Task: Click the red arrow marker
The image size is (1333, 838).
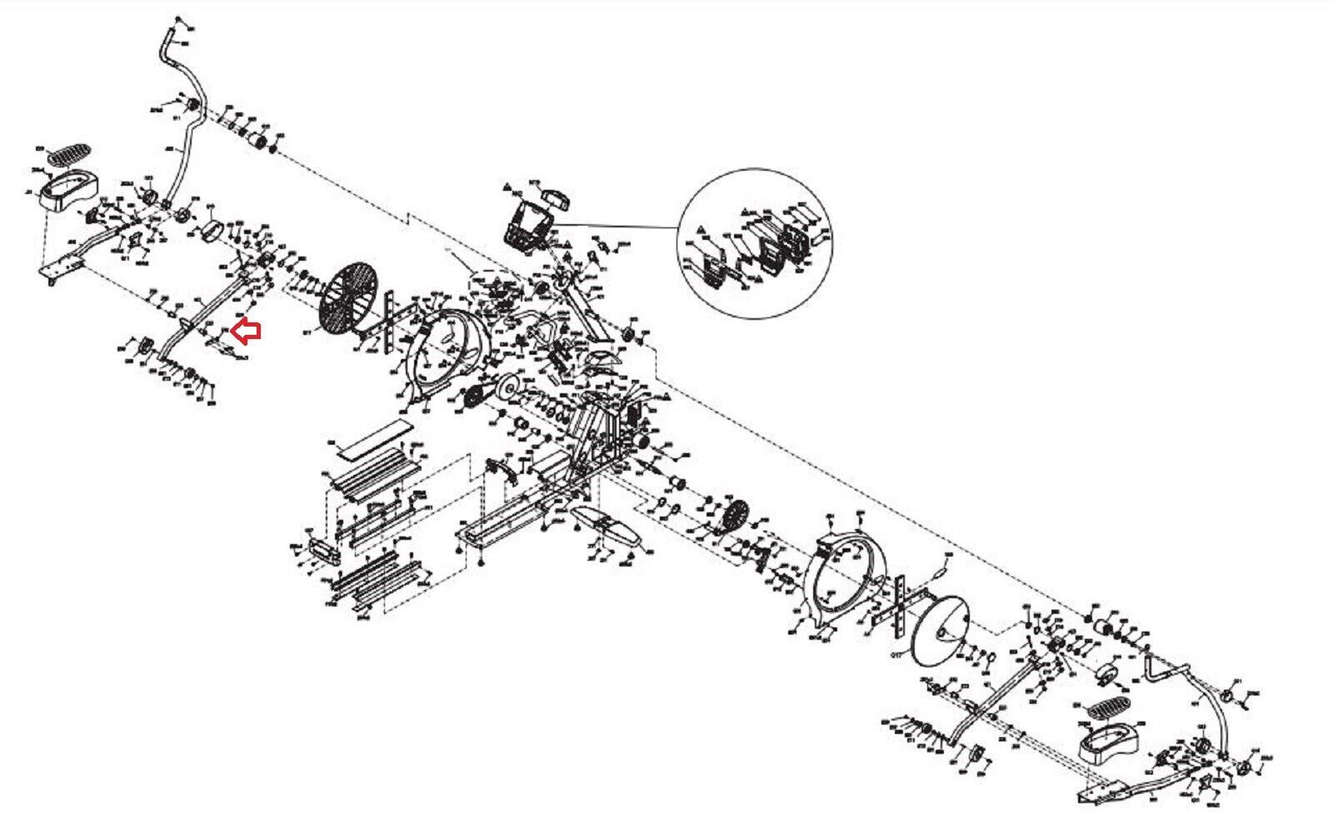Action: coord(247,332)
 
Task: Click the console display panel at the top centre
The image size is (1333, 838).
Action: coord(527,225)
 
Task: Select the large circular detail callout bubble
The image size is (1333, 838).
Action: coord(756,243)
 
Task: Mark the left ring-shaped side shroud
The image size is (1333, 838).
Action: coord(447,350)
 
